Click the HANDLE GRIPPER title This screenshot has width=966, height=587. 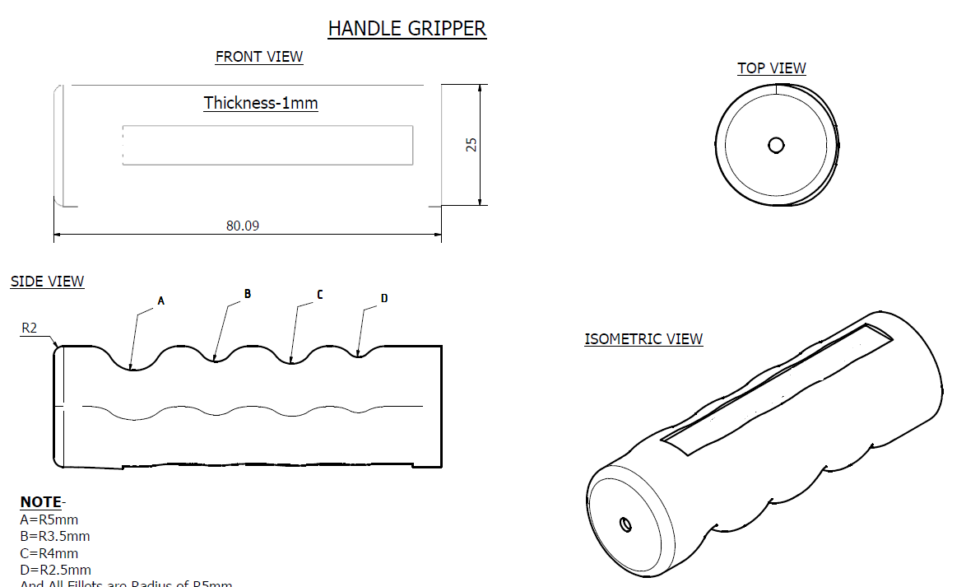[x=406, y=28]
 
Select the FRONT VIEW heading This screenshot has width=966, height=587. [x=259, y=57]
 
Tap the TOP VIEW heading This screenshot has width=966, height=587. [x=771, y=68]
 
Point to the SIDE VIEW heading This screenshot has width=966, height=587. [x=47, y=282]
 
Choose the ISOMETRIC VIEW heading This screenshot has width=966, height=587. [x=643, y=339]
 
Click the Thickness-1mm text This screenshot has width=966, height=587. [x=261, y=103]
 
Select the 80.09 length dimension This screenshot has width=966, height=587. [x=243, y=226]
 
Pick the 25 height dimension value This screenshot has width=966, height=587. [x=471, y=144]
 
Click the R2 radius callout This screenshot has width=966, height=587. [x=30, y=328]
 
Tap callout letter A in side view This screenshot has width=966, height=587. [x=161, y=301]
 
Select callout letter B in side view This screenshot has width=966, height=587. [x=247, y=294]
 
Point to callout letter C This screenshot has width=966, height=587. [x=319, y=295]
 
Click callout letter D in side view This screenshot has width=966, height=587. [x=384, y=298]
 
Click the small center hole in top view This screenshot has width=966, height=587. [x=775, y=146]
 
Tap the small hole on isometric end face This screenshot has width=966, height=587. [x=625, y=524]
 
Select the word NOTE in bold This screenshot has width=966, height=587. [x=40, y=502]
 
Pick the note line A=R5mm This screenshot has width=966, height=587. [x=49, y=519]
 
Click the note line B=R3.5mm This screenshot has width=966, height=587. [x=54, y=536]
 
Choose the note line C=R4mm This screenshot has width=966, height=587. [x=49, y=553]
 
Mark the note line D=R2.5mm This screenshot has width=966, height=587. [x=55, y=570]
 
